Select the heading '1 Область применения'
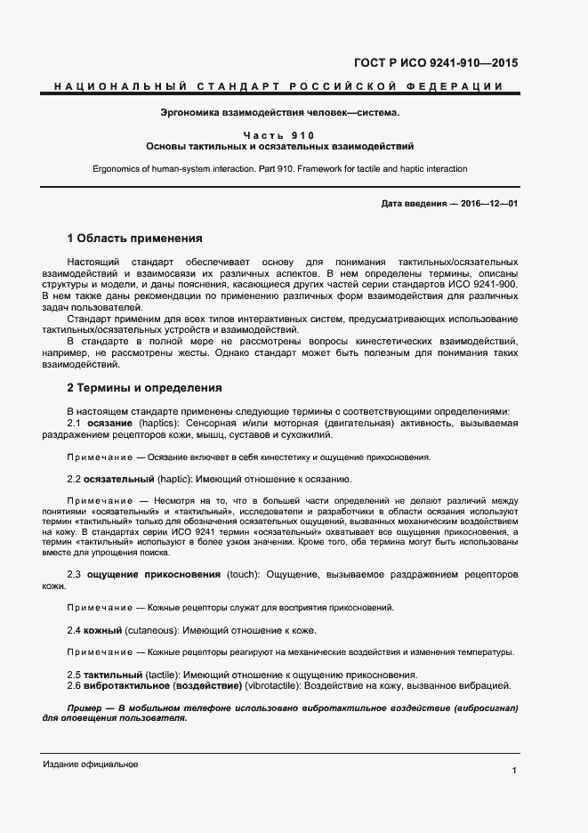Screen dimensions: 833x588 [x=134, y=239]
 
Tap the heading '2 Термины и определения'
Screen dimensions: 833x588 [x=144, y=388]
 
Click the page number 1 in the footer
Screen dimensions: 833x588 [x=514, y=769]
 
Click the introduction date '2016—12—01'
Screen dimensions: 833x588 [x=489, y=204]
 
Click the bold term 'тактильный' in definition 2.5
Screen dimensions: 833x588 [x=115, y=675]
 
